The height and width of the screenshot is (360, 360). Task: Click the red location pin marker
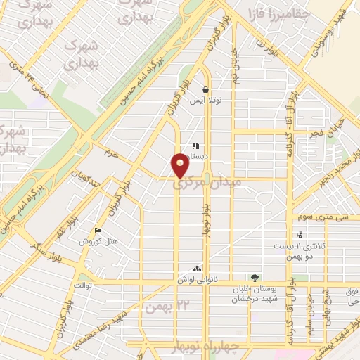coord(180,165)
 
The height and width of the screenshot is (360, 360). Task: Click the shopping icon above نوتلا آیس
coord(205,90)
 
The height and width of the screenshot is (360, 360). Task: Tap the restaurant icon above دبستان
coord(195,146)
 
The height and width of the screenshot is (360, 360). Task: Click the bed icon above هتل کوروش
coord(98,230)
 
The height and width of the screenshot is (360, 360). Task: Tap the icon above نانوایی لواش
coord(196,268)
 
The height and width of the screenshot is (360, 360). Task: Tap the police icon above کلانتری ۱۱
coord(300,235)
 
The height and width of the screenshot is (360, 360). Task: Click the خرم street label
coord(109,152)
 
